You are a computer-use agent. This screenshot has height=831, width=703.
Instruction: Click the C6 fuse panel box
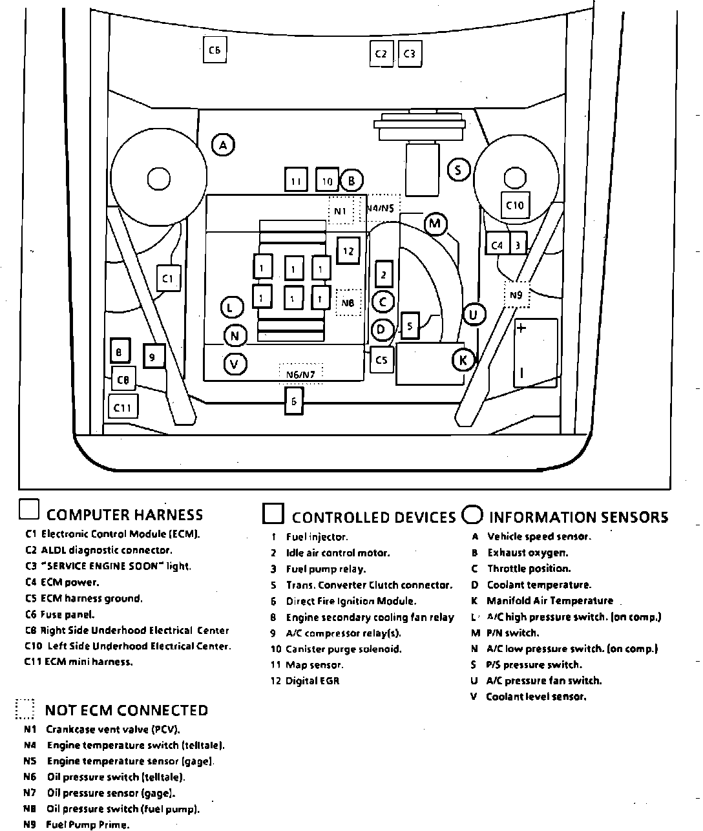(215, 50)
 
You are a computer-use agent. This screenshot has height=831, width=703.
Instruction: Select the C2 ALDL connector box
(381, 54)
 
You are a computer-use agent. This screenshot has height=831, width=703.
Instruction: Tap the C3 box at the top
(409, 54)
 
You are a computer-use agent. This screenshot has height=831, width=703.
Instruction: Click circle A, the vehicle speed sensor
(223, 145)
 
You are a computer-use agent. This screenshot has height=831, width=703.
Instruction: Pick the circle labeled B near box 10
(351, 181)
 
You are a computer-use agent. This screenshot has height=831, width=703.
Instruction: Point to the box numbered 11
(296, 181)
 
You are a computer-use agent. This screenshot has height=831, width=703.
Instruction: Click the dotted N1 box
(341, 211)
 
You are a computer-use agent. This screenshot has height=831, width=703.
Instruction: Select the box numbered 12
(348, 251)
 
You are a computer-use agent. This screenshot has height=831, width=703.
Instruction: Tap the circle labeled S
(459, 171)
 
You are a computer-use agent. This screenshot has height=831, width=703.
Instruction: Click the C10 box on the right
(515, 205)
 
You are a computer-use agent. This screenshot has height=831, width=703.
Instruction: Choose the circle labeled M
(435, 224)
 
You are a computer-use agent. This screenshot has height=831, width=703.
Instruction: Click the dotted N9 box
(516, 295)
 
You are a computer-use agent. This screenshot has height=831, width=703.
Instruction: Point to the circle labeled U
(474, 315)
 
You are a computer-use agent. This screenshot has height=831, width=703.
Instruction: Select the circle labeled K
(463, 360)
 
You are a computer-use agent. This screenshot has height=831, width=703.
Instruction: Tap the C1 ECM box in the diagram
(168, 279)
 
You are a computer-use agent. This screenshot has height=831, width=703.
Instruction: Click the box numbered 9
(153, 356)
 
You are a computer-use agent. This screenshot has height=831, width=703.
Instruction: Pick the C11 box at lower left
(123, 407)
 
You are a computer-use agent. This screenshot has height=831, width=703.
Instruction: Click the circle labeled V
(235, 364)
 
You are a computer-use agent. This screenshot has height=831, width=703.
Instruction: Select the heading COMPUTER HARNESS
(125, 515)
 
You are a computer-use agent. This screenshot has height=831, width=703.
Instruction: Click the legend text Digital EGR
(312, 680)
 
